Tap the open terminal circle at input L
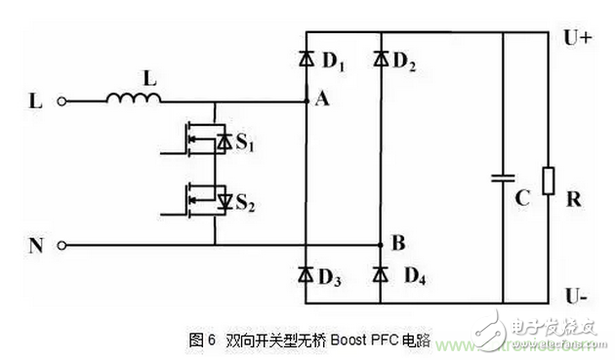click(x=64, y=100)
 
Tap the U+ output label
click(x=577, y=39)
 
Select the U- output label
click(x=576, y=293)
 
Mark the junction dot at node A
click(x=307, y=100)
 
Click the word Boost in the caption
click(x=348, y=340)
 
